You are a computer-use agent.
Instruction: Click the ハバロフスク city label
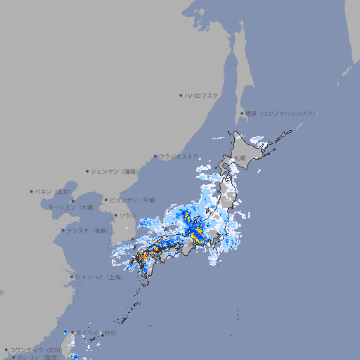click(202, 95)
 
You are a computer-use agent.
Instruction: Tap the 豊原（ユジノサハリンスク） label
click(281, 113)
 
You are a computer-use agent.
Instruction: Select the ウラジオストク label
click(179, 156)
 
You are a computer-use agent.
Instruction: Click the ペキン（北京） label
click(54, 191)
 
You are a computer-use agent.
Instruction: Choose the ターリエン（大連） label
click(71, 207)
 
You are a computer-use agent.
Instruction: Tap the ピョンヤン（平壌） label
click(133, 200)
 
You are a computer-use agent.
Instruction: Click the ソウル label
click(128, 215)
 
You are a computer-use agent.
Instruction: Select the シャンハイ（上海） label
click(98, 277)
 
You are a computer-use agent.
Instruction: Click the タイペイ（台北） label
click(97, 333)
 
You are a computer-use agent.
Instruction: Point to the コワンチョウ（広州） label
click(35, 349)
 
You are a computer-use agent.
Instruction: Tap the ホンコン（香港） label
click(39, 357)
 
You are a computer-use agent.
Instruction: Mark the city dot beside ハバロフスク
click(181, 95)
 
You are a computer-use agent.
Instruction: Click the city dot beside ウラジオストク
click(155, 156)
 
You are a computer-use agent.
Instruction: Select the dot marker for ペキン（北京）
click(32, 191)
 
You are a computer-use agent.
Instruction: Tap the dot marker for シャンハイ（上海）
click(72, 277)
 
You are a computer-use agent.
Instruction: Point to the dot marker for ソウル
click(115, 215)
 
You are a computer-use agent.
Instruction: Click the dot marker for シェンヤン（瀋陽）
click(87, 171)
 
